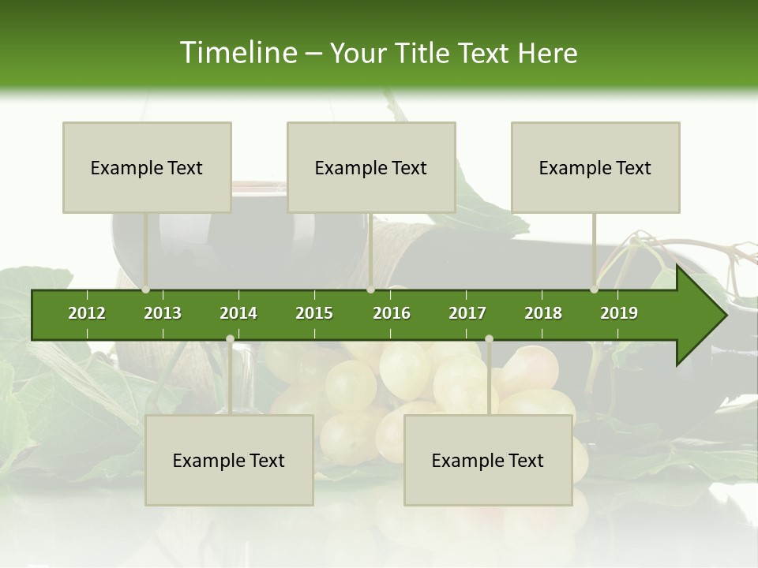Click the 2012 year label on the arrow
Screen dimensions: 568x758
tap(87, 313)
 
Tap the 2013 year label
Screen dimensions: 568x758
tap(163, 313)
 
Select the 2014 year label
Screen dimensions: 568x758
tap(238, 313)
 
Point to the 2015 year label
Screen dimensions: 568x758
tap(314, 313)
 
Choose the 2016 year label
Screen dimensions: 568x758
tap(392, 313)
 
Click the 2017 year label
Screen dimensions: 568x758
tap(467, 313)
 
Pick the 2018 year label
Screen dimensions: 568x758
tap(543, 313)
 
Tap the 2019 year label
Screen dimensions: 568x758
tap(619, 313)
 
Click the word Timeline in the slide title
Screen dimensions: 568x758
tap(237, 53)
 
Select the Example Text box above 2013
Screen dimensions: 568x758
tap(147, 167)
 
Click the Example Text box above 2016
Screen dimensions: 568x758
tap(371, 167)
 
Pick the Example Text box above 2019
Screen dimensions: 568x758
tap(595, 167)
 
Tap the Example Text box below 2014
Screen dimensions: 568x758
tap(229, 460)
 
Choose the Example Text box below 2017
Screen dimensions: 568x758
tap(488, 460)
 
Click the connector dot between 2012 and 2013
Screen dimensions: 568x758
tap(146, 290)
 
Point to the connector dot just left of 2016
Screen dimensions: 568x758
tap(370, 290)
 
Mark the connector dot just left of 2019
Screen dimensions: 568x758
tap(595, 290)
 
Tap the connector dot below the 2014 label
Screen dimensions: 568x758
tap(230, 338)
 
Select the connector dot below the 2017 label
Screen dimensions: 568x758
tap(489, 338)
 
